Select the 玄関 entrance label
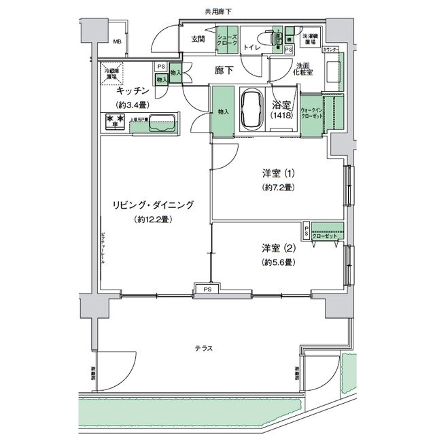[198, 39]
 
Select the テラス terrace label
[204, 349]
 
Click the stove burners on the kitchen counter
[114, 121]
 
